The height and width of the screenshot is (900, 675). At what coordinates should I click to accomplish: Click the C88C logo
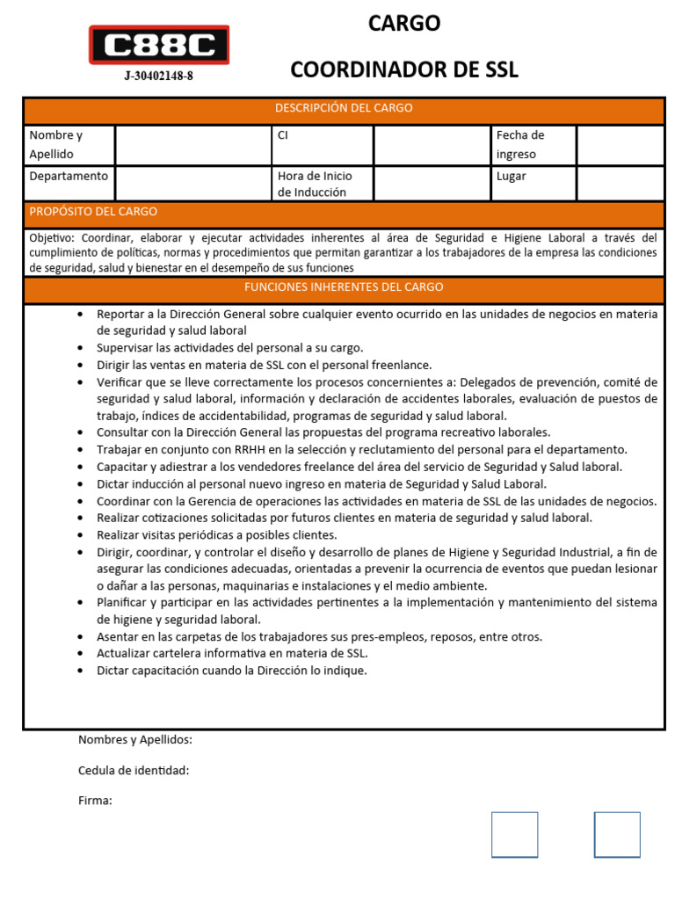(158, 45)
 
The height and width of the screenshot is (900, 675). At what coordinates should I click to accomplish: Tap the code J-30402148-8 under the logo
(158, 76)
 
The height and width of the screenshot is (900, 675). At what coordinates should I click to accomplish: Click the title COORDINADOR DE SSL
(404, 69)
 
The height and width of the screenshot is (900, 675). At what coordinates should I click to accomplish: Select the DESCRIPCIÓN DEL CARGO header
(344, 108)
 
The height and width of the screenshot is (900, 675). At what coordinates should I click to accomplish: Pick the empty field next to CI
(432, 145)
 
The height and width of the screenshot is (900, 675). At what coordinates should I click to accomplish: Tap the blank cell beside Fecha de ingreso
(620, 145)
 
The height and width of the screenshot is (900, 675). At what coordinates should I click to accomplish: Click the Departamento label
(69, 176)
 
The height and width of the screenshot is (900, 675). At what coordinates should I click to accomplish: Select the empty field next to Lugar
(620, 184)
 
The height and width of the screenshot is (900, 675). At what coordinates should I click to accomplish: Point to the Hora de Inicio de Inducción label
(315, 184)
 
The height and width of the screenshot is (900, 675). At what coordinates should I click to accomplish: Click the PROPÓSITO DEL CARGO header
(93, 212)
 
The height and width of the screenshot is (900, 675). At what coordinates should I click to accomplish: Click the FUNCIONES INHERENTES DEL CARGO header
(344, 287)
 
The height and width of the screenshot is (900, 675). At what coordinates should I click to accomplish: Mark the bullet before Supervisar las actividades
(81, 348)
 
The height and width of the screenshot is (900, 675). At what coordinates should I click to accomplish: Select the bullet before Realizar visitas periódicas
(81, 534)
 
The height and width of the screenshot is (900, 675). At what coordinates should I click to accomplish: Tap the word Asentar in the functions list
(118, 636)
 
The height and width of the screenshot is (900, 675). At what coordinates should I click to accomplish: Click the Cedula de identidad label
(134, 771)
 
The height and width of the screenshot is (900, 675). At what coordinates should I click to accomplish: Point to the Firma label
(95, 801)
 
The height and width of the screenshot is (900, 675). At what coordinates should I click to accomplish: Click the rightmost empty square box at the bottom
(617, 834)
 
